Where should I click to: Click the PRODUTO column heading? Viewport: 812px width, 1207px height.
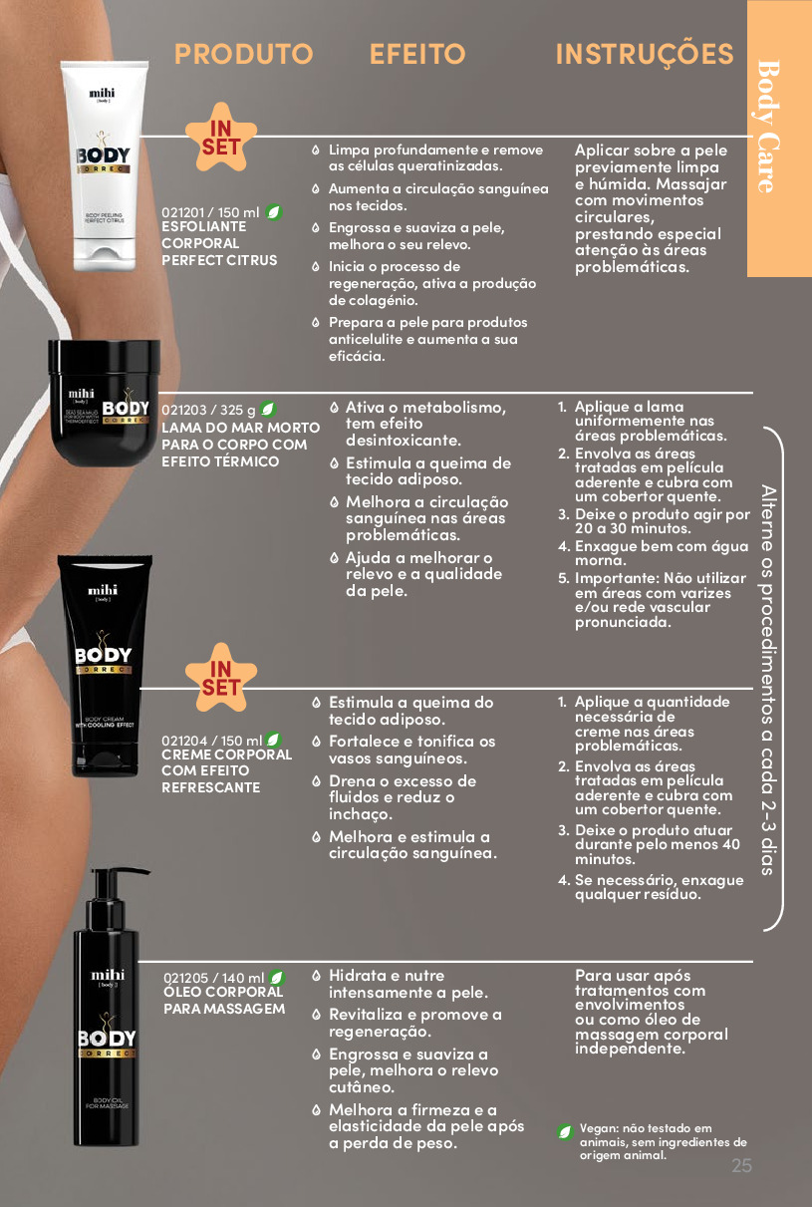coord(243,54)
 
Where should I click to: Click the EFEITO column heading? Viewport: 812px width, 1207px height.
coord(417,54)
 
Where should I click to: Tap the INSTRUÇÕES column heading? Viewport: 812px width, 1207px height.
coord(645,55)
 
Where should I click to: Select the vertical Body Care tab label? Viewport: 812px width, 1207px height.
coord(768,127)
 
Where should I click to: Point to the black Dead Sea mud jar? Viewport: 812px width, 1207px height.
coord(104,402)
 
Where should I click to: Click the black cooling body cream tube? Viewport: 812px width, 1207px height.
coord(105,666)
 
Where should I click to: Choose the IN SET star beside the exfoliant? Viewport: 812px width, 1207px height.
coord(221,138)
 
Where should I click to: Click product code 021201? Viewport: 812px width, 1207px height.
coord(183,212)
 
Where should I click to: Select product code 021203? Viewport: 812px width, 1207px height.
coord(183,410)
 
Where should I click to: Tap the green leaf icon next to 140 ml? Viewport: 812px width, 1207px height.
coord(277,977)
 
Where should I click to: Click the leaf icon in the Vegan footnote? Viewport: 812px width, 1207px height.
coord(565,1131)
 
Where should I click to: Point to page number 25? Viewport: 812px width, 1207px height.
coord(741,1165)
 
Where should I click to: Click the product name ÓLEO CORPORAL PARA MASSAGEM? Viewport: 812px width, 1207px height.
coord(224,1000)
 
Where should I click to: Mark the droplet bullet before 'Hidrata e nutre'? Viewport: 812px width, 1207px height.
coord(317,976)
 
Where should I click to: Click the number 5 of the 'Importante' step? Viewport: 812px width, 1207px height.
coord(563,578)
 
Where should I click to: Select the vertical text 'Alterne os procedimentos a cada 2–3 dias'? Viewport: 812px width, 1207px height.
coord(768,680)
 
